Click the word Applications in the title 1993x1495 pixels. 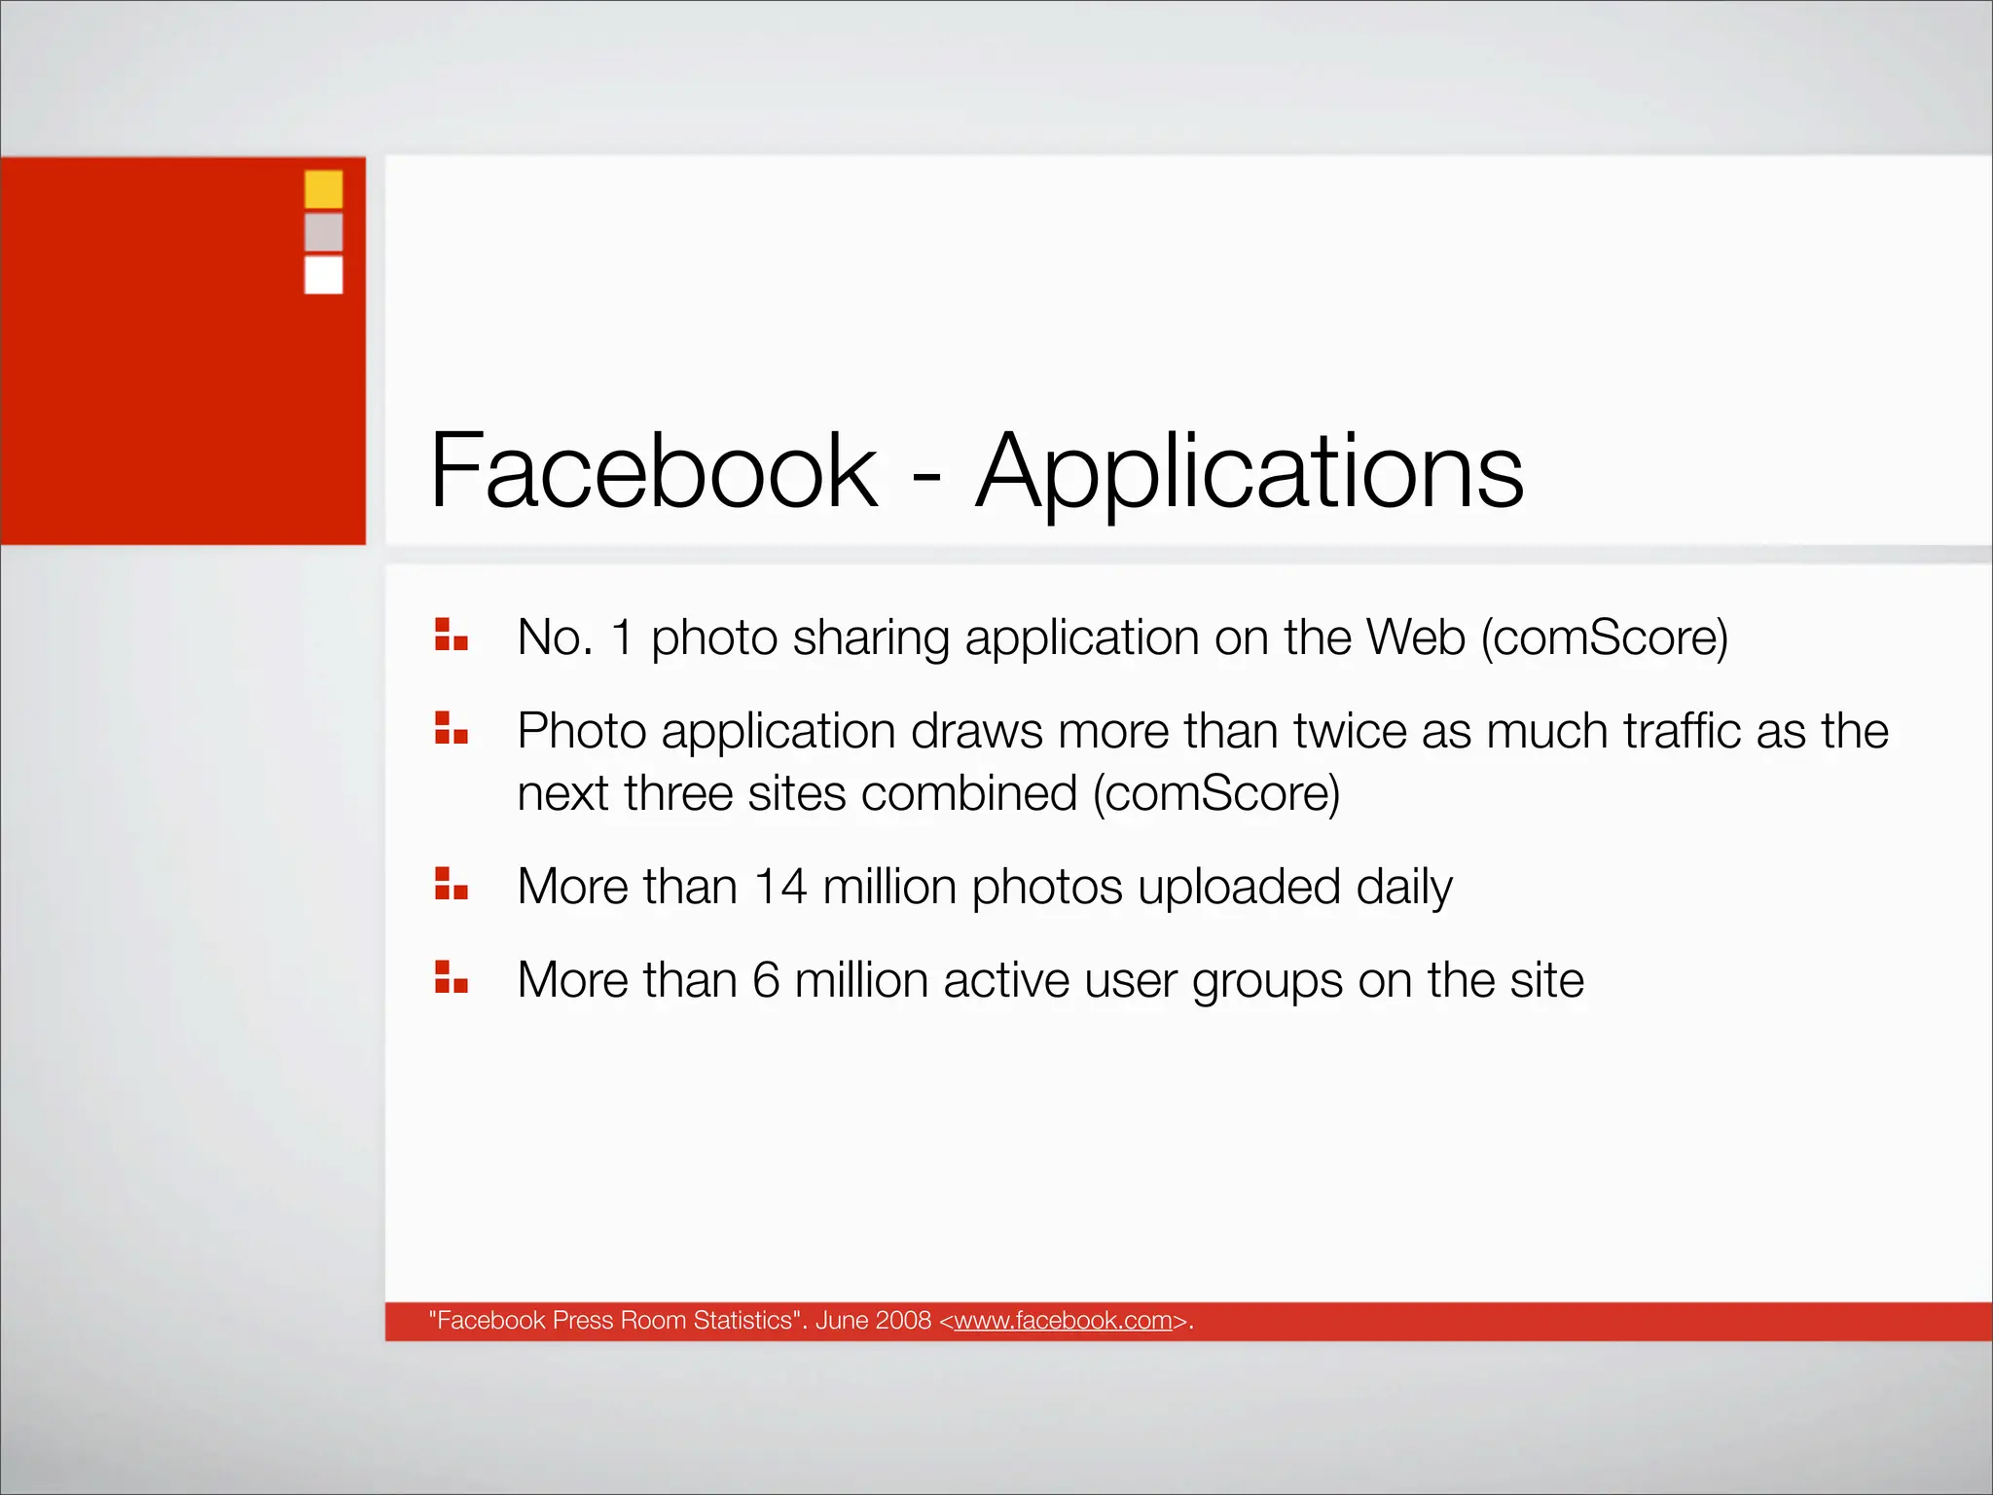(1250, 473)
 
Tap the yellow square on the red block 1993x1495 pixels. (323, 189)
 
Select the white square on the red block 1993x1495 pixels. (323, 274)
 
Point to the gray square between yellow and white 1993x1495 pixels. (323, 232)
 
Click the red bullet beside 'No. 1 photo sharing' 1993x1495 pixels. (452, 635)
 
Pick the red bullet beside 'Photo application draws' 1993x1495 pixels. (452, 728)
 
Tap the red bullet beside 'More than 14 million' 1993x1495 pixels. (452, 884)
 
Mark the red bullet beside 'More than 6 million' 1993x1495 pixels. (452, 977)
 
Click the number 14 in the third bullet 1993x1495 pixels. (780, 887)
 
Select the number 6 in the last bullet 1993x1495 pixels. (766, 980)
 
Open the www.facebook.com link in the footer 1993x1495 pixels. (1063, 1321)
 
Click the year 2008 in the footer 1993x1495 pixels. (903, 1321)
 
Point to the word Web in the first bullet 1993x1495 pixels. (1416, 638)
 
